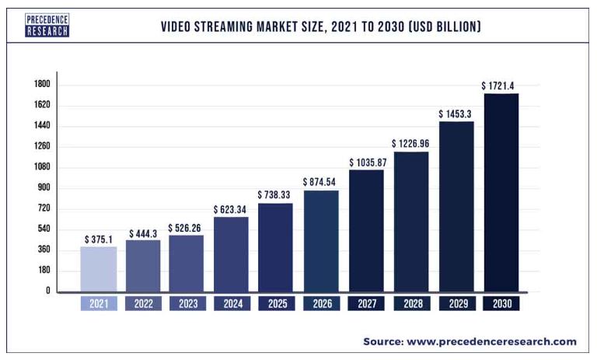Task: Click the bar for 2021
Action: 99,269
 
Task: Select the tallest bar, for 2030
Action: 501,193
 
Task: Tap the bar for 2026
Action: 321,241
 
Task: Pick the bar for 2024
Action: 232,254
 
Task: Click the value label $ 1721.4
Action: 501,85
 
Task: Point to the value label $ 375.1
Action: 99,239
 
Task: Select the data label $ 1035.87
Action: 366,162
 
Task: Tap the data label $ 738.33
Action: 276,194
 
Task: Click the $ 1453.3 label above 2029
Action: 456,114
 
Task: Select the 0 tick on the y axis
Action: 47,291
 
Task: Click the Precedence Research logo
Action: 47,25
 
